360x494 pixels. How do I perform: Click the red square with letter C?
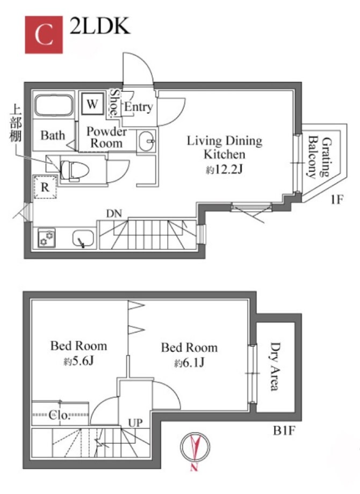(x=44, y=35)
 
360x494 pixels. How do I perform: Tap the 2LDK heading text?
(x=99, y=26)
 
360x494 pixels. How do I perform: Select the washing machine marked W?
(x=92, y=104)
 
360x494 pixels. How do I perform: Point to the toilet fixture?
(x=74, y=170)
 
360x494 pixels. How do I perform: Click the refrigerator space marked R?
(x=45, y=187)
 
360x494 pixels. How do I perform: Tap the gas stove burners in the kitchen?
(x=47, y=238)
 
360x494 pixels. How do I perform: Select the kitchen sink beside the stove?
(x=83, y=238)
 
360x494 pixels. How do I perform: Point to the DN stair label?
(x=114, y=214)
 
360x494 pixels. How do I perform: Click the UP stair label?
(x=135, y=423)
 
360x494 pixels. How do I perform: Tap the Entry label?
(x=139, y=107)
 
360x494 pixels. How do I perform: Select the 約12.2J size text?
(x=225, y=170)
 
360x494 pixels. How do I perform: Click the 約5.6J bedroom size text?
(x=79, y=361)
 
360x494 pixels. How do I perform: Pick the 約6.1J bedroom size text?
(x=190, y=362)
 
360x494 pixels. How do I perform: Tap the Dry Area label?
(x=275, y=366)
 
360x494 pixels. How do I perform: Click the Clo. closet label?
(x=59, y=415)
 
